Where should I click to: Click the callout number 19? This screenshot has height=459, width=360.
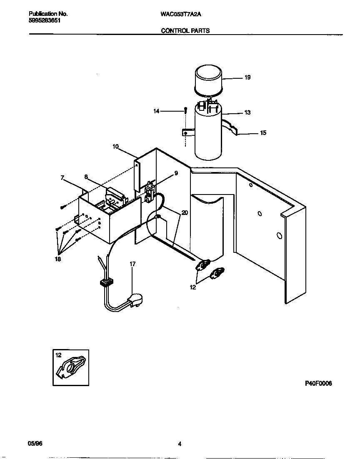pos(247,77)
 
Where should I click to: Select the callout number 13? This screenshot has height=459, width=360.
pos(247,113)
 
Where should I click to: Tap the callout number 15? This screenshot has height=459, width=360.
pos(263,133)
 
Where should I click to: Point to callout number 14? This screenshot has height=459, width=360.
pos(157,111)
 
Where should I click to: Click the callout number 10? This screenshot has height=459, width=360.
pos(115,147)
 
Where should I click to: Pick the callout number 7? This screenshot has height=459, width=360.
pos(62,178)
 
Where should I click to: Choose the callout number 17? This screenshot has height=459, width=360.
pos(132,264)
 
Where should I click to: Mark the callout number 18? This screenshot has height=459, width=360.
pos(57,259)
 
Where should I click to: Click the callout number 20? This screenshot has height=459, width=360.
pos(185,212)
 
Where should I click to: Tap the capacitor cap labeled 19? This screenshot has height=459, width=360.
pos(208,77)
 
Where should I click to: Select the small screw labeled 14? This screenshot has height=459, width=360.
pos(185,110)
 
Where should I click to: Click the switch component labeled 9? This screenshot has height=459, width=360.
pos(149,192)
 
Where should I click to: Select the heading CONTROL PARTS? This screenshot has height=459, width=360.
pos(185,30)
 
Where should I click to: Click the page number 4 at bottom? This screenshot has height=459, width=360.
pos(180,444)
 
